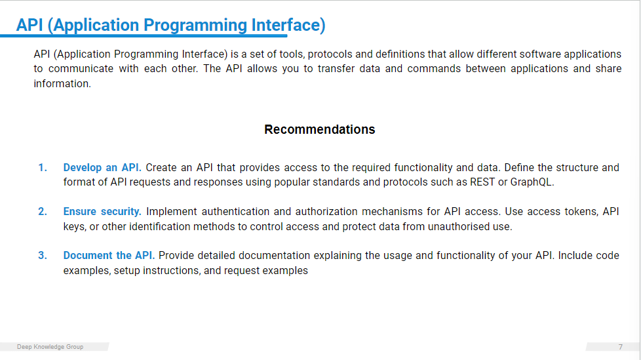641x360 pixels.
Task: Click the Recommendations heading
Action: (320, 129)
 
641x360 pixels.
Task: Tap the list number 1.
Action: (43, 168)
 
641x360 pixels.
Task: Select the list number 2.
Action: (43, 212)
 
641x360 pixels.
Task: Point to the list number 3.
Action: (43, 256)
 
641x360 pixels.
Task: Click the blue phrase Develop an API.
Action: (102, 168)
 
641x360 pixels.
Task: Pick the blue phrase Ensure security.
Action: (102, 212)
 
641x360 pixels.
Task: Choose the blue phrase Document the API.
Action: (109, 256)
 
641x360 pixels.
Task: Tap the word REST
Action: (482, 182)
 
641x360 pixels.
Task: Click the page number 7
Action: (621, 347)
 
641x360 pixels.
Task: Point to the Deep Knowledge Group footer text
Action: (50, 347)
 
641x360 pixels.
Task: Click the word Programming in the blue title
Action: (195, 26)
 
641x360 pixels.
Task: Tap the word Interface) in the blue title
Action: (288, 25)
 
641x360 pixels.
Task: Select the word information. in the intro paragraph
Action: (62, 83)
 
